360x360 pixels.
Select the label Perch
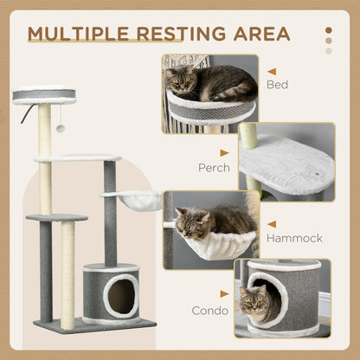point(214,168)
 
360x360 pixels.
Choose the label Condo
point(210,308)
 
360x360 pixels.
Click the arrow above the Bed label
point(272,72)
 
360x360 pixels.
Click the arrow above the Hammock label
point(272,223)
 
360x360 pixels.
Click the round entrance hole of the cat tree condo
point(121,296)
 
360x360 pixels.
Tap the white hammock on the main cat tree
point(134,202)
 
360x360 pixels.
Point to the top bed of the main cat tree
point(44,94)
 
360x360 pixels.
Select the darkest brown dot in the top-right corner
point(328,29)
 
